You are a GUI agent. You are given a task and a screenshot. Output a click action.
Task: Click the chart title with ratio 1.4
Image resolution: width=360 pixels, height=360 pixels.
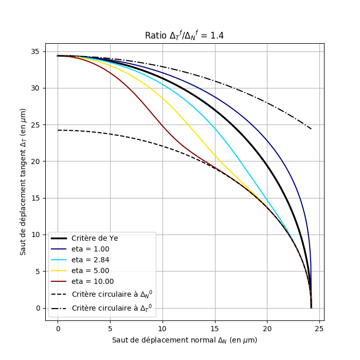(184, 35)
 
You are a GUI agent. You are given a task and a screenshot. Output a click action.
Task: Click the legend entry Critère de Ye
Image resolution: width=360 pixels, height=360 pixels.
(95, 238)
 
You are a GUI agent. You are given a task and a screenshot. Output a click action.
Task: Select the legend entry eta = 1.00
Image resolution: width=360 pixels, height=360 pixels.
(90, 249)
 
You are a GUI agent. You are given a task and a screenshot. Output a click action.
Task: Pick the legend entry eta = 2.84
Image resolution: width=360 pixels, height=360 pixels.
(90, 260)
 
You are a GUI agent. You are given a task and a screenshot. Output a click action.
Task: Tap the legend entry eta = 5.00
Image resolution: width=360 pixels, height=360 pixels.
(90, 271)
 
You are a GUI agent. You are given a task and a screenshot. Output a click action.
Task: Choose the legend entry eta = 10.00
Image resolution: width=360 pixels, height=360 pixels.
(93, 281)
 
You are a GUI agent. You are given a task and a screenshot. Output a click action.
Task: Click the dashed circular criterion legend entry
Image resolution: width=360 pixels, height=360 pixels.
(112, 294)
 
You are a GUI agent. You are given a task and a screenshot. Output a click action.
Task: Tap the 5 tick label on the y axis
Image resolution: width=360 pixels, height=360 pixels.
(38, 272)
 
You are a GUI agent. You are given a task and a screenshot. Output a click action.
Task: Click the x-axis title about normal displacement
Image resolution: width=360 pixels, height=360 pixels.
(184, 340)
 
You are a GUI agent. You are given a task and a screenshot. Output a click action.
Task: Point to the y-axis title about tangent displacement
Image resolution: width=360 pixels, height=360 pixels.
(23, 182)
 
